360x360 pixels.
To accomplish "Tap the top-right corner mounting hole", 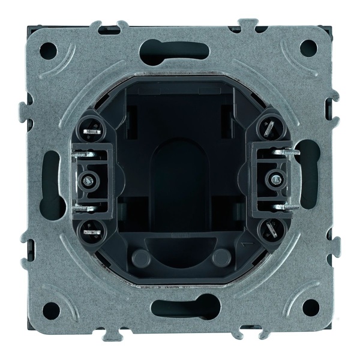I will coord(309,47).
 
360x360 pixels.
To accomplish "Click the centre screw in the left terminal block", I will coord(88,178).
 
